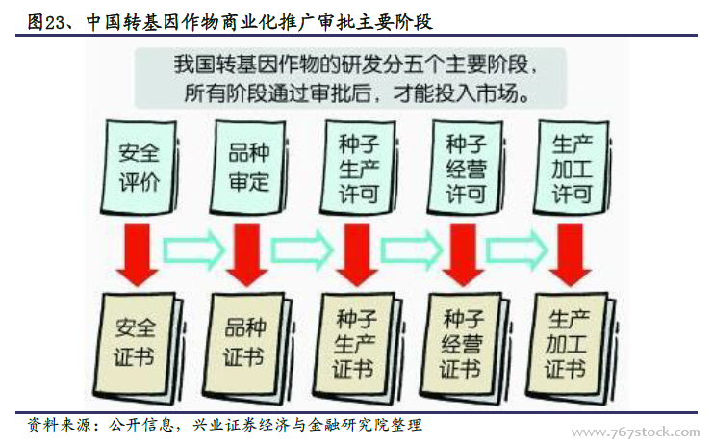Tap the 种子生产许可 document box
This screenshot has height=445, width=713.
tap(358, 168)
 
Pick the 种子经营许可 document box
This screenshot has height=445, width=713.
tap(466, 168)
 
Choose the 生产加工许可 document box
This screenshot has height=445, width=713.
tap(572, 168)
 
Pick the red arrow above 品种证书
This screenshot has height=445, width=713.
tap(249, 252)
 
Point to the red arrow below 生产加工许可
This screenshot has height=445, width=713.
tap(573, 252)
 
